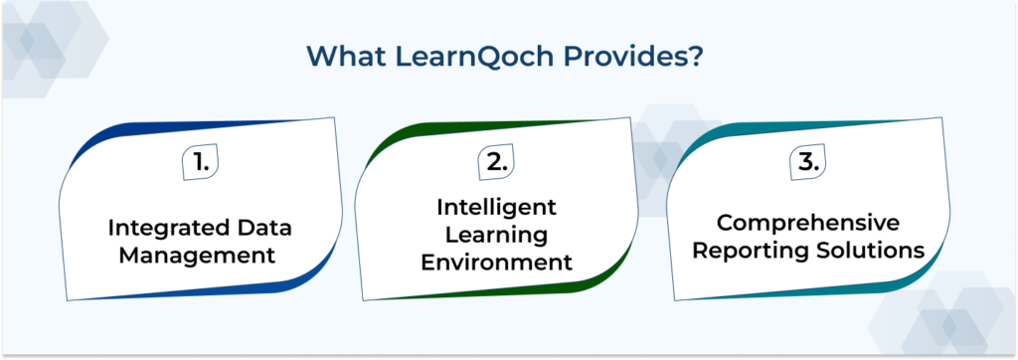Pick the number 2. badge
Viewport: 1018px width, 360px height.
pyautogui.click(x=497, y=163)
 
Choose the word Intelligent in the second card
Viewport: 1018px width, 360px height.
pyautogui.click(x=496, y=207)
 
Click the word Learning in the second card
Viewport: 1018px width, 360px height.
pyautogui.click(x=496, y=235)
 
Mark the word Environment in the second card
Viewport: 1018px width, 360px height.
pyautogui.click(x=496, y=263)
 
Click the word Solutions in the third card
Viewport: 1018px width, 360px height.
pyautogui.click(x=872, y=250)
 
